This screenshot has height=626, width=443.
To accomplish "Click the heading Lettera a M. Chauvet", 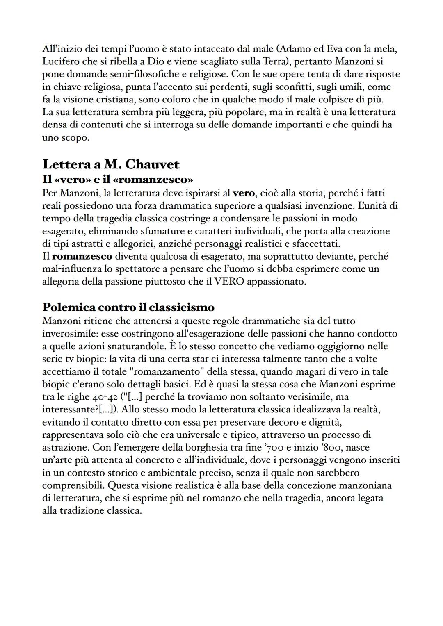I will [111, 164].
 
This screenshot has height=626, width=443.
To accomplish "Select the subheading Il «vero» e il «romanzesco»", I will [118, 180].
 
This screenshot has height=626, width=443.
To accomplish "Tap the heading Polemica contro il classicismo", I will [128, 307].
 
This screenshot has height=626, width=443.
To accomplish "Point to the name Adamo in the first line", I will [295, 49].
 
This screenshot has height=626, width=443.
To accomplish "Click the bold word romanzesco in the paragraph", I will [82, 256].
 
